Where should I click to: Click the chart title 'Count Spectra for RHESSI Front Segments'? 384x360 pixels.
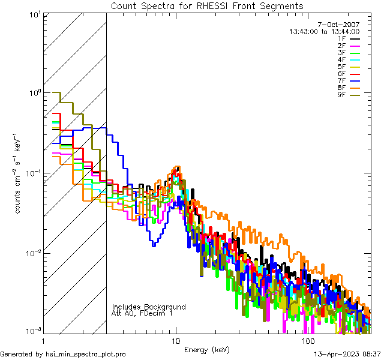coord(207,5)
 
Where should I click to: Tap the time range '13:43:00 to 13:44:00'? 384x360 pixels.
coord(324,31)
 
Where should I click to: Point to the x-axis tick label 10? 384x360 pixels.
coord(175,340)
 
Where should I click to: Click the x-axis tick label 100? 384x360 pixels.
coord(308,340)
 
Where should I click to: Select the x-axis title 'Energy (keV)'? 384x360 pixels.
coord(206,349)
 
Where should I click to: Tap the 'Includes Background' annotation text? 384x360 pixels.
coord(149,307)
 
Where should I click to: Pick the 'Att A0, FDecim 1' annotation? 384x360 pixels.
coord(142,313)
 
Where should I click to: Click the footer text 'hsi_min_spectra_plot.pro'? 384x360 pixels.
coord(86,355)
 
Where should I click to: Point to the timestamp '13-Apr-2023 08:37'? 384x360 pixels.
coord(347,355)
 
